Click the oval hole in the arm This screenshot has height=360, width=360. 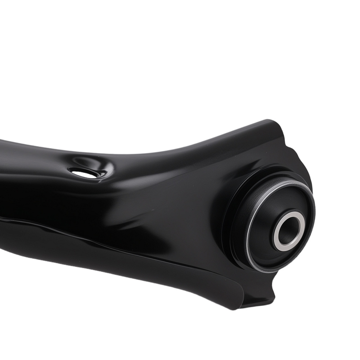[85, 174]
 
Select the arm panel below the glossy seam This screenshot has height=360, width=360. [108, 259]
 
